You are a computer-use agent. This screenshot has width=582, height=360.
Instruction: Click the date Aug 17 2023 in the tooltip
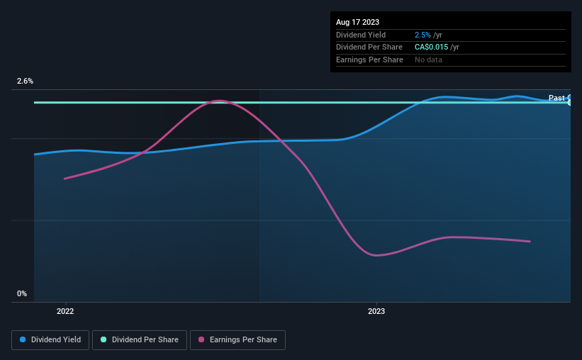pos(357,22)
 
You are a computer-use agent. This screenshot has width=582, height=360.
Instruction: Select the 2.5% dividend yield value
pos(422,35)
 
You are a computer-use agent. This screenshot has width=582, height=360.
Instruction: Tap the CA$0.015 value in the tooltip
pos(431,47)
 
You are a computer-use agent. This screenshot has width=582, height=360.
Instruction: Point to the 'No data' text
pos(428,60)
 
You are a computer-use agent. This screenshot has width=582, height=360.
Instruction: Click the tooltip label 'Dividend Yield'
pos(361,35)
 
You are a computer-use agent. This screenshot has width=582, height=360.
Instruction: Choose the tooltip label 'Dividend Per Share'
pos(369,47)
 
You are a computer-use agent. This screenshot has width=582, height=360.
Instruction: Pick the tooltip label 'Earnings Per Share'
pos(369,60)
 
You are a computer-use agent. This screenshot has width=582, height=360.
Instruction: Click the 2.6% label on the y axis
pos(25,81)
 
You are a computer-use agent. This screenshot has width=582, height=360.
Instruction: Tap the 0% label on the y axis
pos(22,293)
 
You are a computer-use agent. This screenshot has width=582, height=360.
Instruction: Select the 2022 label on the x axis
pos(65,311)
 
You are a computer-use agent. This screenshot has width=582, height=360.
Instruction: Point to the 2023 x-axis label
pos(376,311)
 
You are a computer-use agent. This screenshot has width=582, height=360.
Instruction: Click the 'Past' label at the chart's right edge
pos(556,98)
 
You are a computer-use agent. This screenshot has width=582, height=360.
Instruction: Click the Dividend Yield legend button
pos(50,340)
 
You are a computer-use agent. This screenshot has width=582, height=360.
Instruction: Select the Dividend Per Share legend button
pos(140,340)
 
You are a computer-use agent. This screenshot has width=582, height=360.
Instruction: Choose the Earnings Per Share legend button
pos(237,340)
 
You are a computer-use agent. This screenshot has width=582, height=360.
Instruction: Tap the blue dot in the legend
pos(23,339)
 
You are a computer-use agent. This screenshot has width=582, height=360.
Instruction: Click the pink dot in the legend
pos(201,339)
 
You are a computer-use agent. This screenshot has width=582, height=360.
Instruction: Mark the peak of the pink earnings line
pos(220,101)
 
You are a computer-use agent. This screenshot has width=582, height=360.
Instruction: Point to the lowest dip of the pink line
pos(376,255)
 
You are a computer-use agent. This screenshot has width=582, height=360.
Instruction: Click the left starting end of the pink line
pos(65,179)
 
